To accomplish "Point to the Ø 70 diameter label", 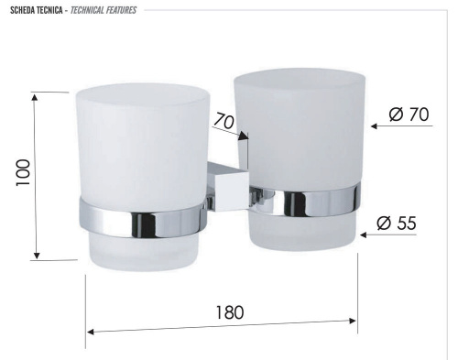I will coord(409,115).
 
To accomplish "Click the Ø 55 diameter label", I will coord(397,222).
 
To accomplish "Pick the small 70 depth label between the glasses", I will coord(224,120).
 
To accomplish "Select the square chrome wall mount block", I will coord(223,184).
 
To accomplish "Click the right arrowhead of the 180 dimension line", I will coord(353,321).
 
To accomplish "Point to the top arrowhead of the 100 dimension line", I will coord(35,96).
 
